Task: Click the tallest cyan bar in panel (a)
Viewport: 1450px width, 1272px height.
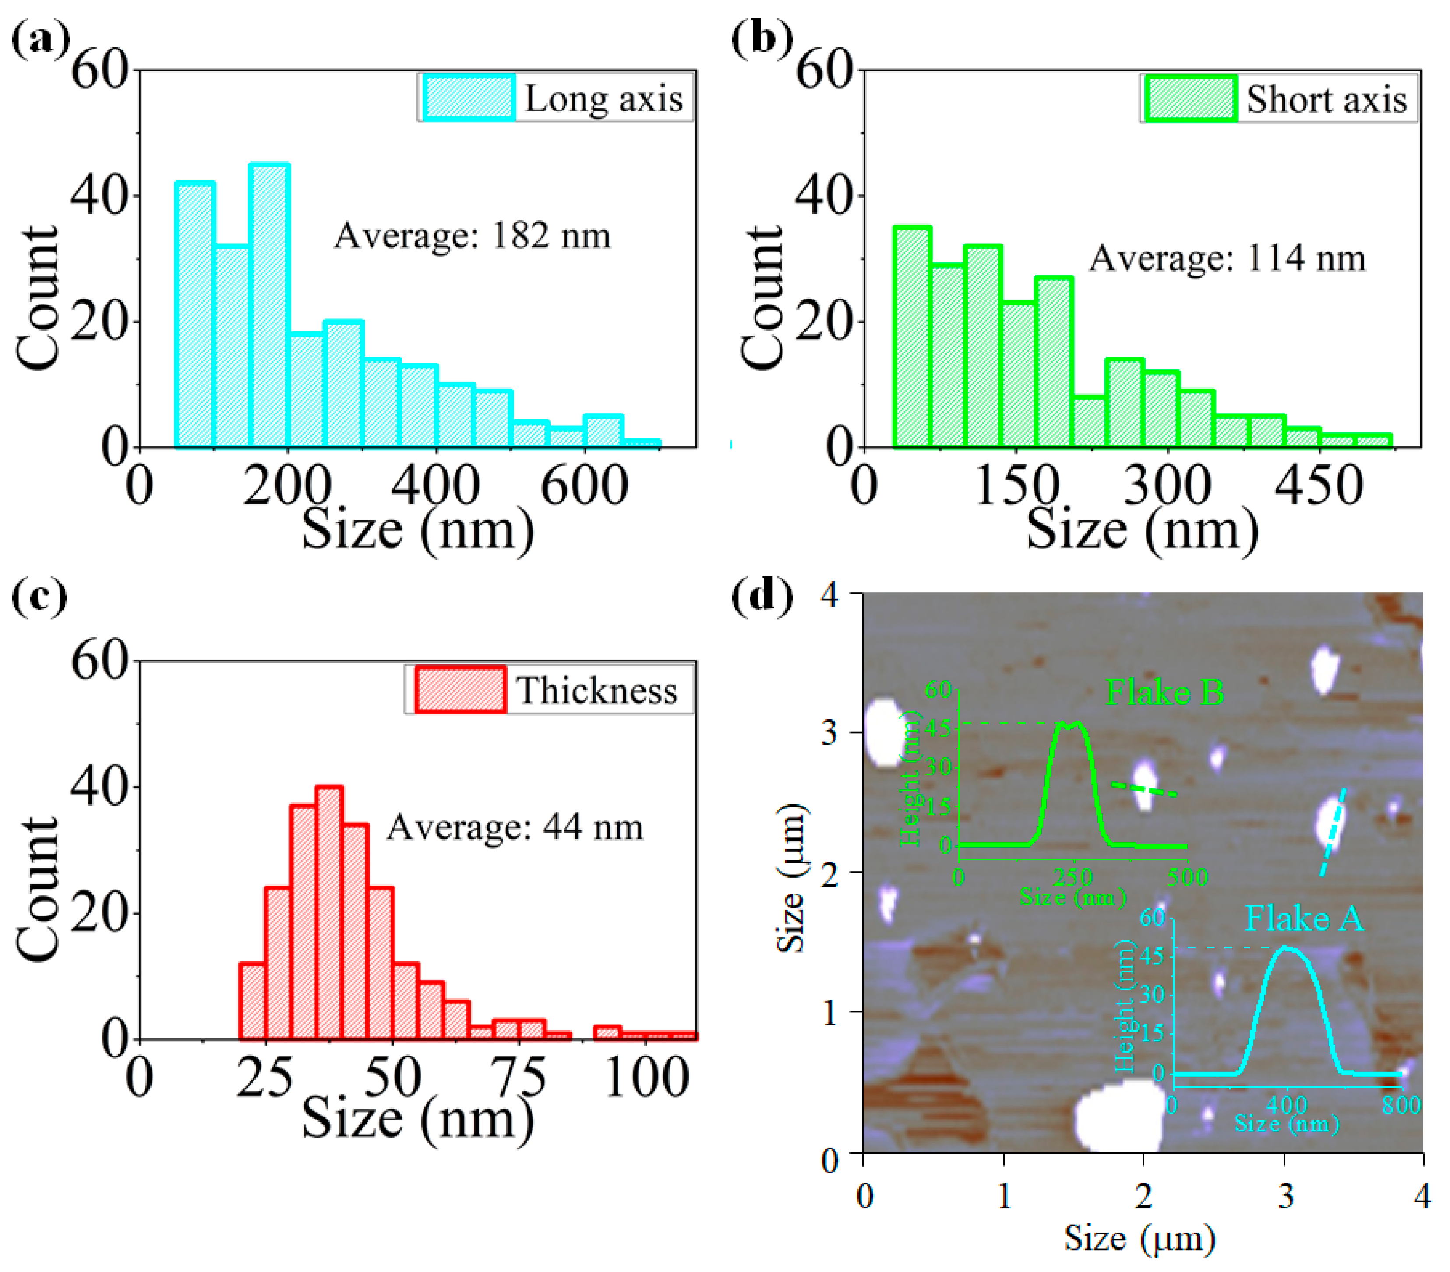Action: click(269, 305)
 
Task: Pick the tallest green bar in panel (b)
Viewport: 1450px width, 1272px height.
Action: click(912, 337)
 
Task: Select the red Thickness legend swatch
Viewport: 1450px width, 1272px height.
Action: click(460, 689)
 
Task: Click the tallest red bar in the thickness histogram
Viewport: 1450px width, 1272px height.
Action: click(330, 913)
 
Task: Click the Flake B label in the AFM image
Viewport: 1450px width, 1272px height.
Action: click(1165, 692)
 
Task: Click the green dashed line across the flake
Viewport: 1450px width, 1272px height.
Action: click(1143, 790)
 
